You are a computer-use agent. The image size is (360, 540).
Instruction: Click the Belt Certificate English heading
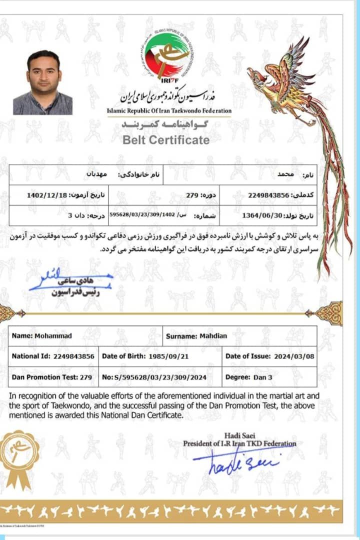166,139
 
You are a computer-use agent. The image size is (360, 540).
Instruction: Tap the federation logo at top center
167,55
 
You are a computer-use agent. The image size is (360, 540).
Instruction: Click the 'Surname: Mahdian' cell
196,336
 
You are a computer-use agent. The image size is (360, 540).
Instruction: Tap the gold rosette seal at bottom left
19,457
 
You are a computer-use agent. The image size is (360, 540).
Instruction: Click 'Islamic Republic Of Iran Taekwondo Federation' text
169,110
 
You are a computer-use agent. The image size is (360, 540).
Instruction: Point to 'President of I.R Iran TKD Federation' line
239,443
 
